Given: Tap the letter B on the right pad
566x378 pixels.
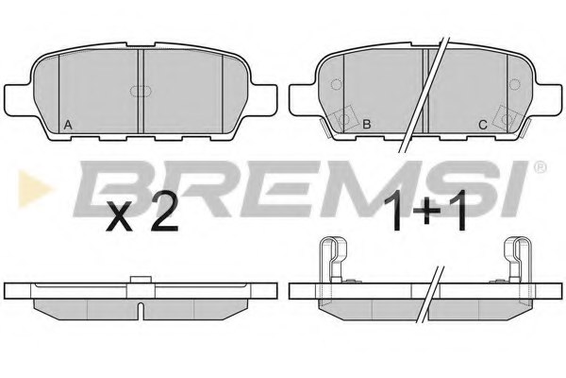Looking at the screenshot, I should pyautogui.click(x=367, y=125).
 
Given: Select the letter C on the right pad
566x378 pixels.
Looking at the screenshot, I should pyautogui.click(x=483, y=125).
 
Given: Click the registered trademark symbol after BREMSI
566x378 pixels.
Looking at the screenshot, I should pyautogui.click(x=540, y=167).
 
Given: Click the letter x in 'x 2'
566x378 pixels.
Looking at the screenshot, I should pyautogui.click(x=120, y=222).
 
